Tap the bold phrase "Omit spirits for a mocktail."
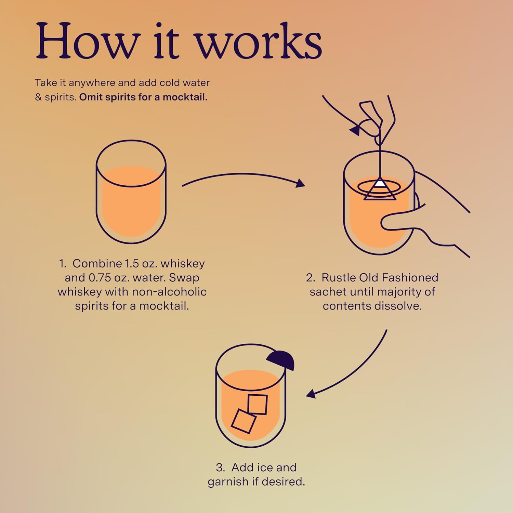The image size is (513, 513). pos(143,97)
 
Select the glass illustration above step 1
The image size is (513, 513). pos(131,192)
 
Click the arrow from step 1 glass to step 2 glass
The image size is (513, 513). pos(244,174)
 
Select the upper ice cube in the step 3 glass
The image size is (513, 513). pos(258,404)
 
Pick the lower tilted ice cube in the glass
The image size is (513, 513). pos(244,421)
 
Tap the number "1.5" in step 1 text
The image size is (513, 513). pos(132,263)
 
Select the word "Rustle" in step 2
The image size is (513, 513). pos(339,277)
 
